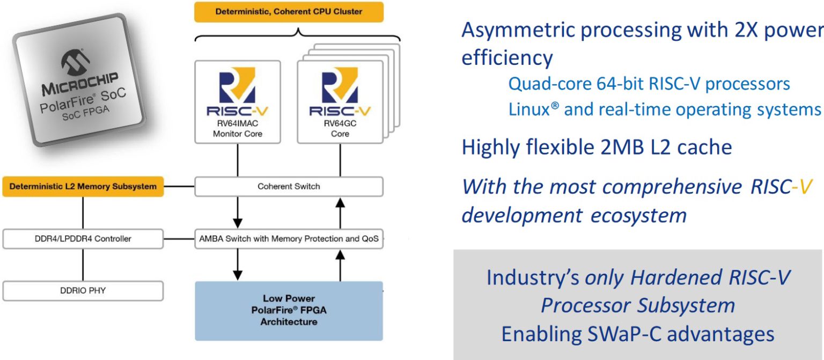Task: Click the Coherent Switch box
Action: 289,187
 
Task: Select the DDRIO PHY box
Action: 83,291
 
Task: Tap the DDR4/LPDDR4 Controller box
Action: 83,239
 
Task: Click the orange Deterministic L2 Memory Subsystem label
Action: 83,187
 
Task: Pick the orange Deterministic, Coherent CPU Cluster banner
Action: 289,11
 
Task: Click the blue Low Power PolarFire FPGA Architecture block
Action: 289,311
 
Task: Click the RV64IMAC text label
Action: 237,124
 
